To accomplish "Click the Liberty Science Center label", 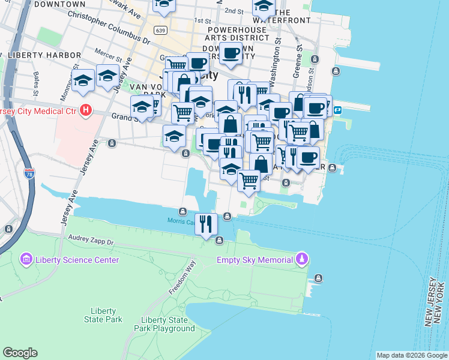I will [x=77, y=260].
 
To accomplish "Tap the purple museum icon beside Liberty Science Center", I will [x=26, y=260].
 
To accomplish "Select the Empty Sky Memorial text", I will [x=255, y=260].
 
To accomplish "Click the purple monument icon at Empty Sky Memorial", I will [x=303, y=260].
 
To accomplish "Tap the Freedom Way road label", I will [x=182, y=277].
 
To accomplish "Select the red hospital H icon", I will [x=86, y=110].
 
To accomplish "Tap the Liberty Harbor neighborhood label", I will [x=44, y=55].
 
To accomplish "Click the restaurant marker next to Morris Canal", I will [x=206, y=224].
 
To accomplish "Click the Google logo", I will [x=20, y=353].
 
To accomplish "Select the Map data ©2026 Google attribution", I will [x=411, y=355].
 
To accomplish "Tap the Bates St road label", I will [x=37, y=80].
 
